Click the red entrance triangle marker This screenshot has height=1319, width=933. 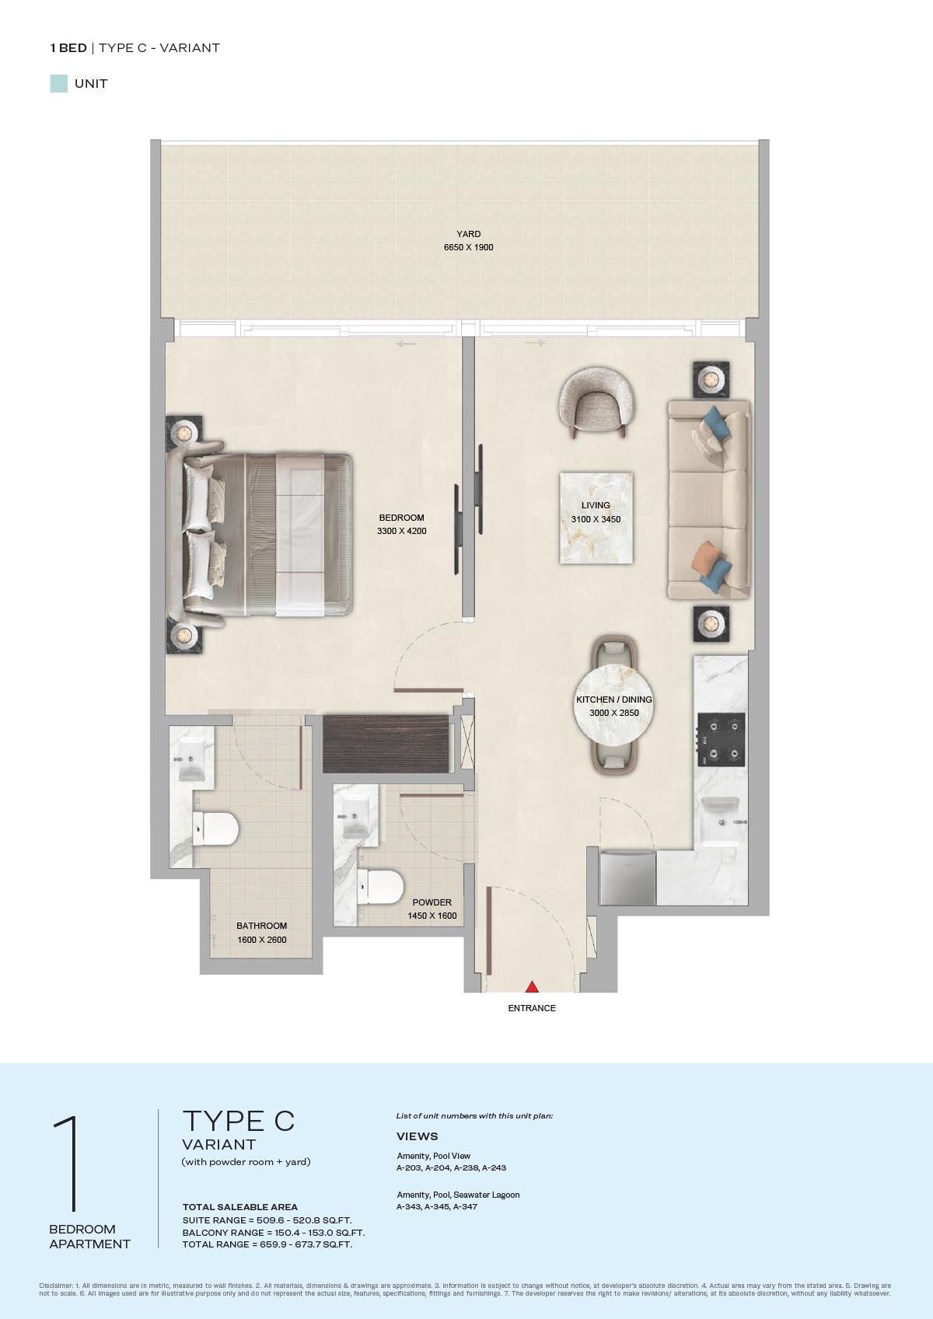[532, 986]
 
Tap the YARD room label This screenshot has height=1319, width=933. [468, 234]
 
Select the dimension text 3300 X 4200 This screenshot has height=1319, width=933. [402, 531]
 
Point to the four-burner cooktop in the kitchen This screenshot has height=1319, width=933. [721, 740]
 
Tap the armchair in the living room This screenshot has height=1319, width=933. [596, 403]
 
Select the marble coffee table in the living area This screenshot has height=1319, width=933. [596, 518]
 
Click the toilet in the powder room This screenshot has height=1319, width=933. [381, 887]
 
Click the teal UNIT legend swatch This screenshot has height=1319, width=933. [59, 84]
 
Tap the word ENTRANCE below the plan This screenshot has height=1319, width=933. [532, 1008]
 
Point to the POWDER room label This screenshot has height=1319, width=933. [432, 902]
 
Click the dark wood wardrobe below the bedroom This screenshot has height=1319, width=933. [386, 744]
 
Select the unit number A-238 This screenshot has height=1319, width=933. [467, 1167]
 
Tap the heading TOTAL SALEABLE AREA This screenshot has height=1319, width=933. [239, 1206]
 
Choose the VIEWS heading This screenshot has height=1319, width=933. [417, 1136]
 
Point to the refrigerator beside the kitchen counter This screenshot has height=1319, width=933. [627, 878]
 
